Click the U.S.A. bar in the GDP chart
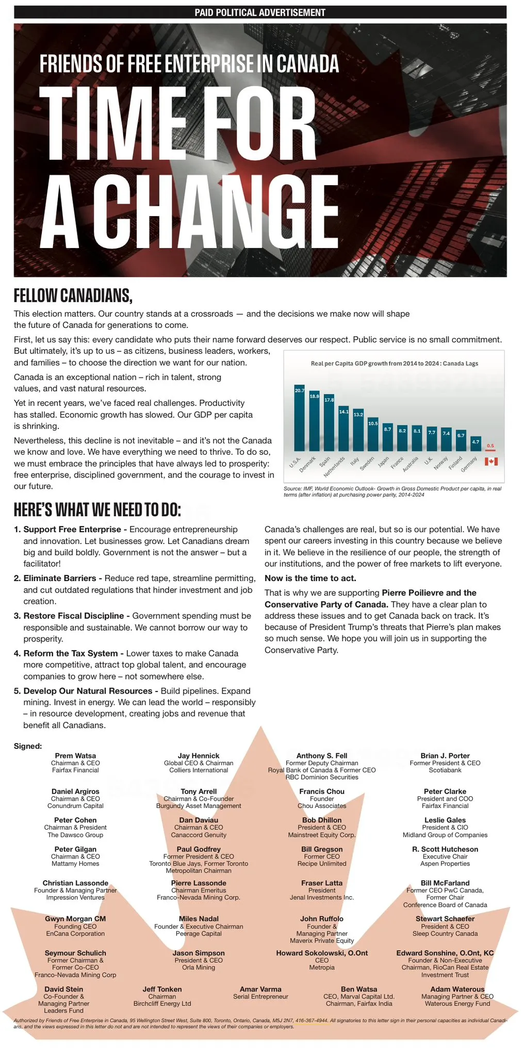pyautogui.click(x=299, y=418)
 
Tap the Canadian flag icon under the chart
pyautogui.click(x=491, y=461)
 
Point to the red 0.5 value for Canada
pyautogui.click(x=490, y=445)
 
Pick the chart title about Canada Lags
pyautogui.click(x=394, y=364)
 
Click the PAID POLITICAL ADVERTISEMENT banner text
pyautogui.click(x=260, y=12)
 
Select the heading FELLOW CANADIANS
pyautogui.click(x=73, y=295)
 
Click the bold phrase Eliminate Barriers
pyautogui.click(x=59, y=578)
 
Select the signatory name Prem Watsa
pyautogui.click(x=75, y=756)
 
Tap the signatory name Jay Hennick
pyautogui.click(x=199, y=756)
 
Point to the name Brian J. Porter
pyautogui.click(x=445, y=756)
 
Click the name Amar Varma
pyautogui.click(x=260, y=989)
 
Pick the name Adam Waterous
pyautogui.click(x=457, y=989)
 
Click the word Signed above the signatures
pyautogui.click(x=28, y=746)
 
